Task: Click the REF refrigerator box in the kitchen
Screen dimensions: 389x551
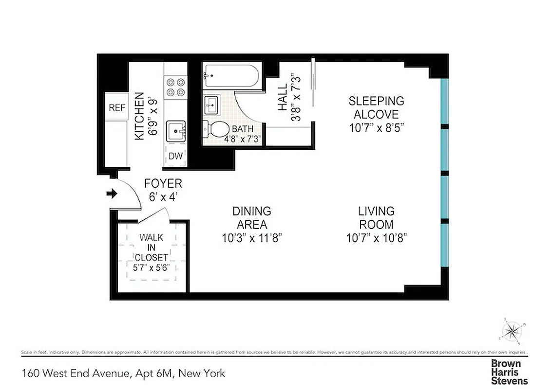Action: [x=117, y=108]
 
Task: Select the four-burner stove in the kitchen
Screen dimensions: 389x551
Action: [x=176, y=88]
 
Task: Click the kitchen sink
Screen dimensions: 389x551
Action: [x=176, y=131]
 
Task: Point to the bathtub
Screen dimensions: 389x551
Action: [x=229, y=75]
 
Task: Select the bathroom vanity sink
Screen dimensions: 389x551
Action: [x=212, y=105]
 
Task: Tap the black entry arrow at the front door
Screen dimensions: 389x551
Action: [x=112, y=194]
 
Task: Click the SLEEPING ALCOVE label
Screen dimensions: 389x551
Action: [x=376, y=108]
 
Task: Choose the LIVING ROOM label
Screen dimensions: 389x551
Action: [x=376, y=218]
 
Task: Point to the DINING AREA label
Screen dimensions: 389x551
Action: [x=251, y=218]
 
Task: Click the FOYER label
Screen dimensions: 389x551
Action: [x=163, y=184]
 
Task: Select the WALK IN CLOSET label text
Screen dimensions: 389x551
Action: [x=152, y=248]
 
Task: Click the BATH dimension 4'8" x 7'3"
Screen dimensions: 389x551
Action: [x=243, y=139]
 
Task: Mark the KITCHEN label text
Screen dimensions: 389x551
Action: [x=140, y=117]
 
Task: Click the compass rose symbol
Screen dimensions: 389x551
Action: [x=512, y=332]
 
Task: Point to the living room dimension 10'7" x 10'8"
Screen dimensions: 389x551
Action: [x=376, y=238]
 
